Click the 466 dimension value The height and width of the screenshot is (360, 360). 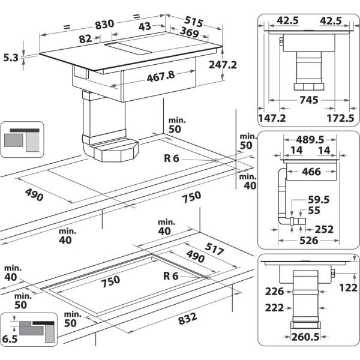[x=311, y=172]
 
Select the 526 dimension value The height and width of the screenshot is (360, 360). [x=308, y=242]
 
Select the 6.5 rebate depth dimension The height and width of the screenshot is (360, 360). [x=10, y=338]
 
